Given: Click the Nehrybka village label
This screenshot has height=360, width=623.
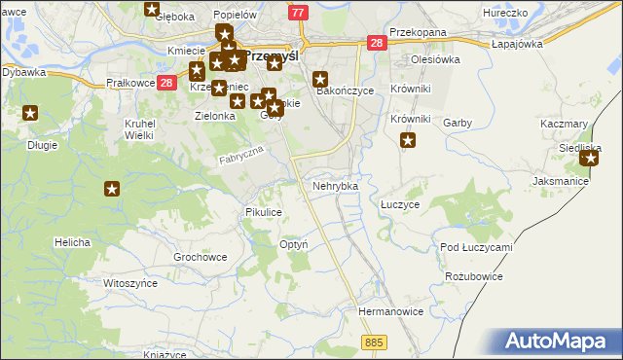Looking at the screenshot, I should pyautogui.click(x=335, y=185).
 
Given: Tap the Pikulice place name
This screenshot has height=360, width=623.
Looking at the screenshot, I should pyautogui.click(x=264, y=211).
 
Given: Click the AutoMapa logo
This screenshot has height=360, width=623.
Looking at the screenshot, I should pyautogui.click(x=560, y=342).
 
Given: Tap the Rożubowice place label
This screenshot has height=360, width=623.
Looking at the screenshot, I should pyautogui.click(x=473, y=276).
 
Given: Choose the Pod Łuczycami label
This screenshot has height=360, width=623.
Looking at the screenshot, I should pyautogui.click(x=476, y=247).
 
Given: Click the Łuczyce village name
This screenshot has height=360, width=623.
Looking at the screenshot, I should pyautogui.click(x=399, y=205).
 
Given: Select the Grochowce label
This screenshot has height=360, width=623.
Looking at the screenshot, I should pyautogui.click(x=200, y=257).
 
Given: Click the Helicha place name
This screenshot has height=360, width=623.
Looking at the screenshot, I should pyautogui.click(x=73, y=241).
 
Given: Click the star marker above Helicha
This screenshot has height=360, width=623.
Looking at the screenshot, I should pyautogui.click(x=112, y=189).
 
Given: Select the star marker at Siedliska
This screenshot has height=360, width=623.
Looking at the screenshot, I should pyautogui.click(x=589, y=157).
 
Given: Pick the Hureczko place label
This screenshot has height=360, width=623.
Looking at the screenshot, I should pyautogui.click(x=504, y=14).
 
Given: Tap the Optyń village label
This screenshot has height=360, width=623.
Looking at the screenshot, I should pyautogui.click(x=293, y=243).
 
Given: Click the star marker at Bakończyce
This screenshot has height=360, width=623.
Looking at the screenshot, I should pyautogui.click(x=320, y=80).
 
